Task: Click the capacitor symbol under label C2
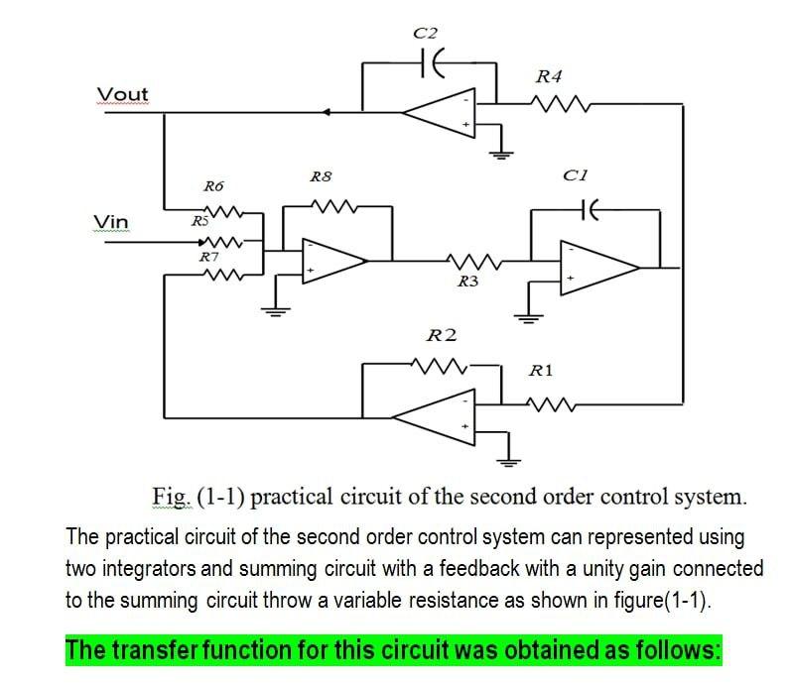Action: (x=433, y=62)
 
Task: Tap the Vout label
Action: (x=122, y=94)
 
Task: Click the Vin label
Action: (x=110, y=221)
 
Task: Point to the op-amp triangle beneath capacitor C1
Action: (x=598, y=267)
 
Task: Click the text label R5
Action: (x=199, y=222)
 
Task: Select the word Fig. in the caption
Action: (x=167, y=497)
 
